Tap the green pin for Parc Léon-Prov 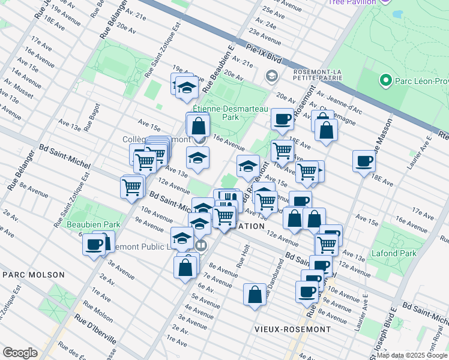click(385, 80)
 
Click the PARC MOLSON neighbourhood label click(34, 275)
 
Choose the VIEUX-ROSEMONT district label click(292, 329)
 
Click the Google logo click(20, 353)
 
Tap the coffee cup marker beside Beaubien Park click(94, 244)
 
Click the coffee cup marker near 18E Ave click(364, 161)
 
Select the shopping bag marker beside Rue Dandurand click(255, 294)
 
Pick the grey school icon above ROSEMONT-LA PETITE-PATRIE click(271, 76)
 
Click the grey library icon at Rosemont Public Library click(201, 245)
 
